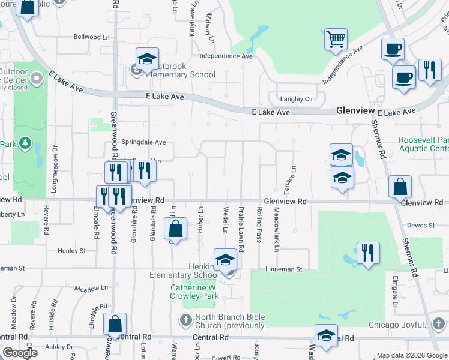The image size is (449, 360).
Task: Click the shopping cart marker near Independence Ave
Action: [336, 40]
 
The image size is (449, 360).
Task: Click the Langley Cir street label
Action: [295, 99]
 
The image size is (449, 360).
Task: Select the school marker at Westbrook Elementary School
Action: [147, 59]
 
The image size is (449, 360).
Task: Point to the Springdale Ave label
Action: [144, 143]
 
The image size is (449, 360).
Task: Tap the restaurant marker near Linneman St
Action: [368, 253]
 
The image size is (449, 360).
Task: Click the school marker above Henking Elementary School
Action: [225, 260]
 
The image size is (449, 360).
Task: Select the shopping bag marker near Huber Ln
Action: [175, 229]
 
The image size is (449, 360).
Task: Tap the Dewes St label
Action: [420, 225]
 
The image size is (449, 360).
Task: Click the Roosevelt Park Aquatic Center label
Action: [424, 144]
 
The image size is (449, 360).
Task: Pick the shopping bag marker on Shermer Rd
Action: [400, 187]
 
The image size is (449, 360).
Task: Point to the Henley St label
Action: [71, 250]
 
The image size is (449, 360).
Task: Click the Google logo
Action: [20, 353]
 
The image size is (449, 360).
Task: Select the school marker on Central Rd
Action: [326, 335]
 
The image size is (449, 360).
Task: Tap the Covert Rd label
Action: [226, 358]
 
